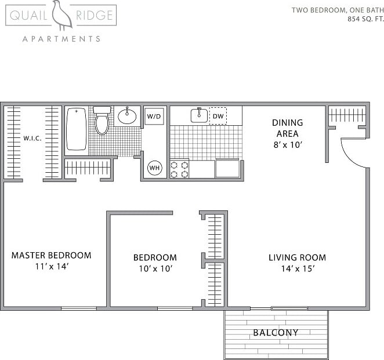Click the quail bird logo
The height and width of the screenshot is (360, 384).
point(61,15)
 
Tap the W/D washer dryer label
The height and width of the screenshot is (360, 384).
point(154,117)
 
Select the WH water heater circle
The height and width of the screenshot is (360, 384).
point(154,168)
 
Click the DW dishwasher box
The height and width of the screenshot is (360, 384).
point(218,116)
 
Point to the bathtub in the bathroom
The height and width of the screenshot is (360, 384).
point(76,129)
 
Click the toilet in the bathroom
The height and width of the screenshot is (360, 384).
point(102,121)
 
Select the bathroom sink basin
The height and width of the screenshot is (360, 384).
point(127,117)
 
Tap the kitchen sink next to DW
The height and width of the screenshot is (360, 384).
point(199,115)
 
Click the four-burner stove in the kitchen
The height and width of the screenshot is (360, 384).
point(179,169)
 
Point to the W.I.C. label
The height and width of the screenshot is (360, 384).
point(32,139)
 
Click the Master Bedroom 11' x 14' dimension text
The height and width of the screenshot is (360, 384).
point(51,267)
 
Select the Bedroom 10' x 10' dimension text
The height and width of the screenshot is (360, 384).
point(155,268)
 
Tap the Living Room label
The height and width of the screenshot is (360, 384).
point(297,257)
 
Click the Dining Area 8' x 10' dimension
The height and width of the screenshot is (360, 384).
point(287,145)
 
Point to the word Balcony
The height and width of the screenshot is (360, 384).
point(276,333)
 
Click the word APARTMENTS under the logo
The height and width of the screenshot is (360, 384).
point(61,39)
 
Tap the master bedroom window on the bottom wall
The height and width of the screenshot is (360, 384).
point(79,308)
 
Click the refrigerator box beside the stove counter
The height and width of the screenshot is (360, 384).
point(227,169)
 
